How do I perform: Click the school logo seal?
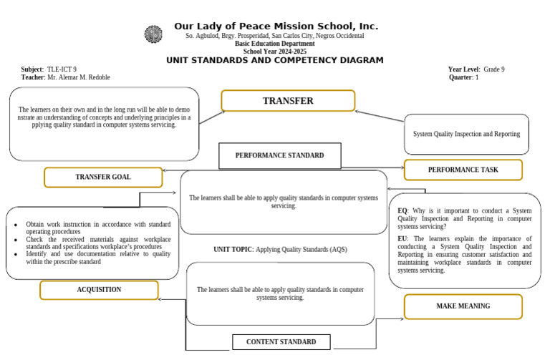pyautogui.click(x=153, y=34)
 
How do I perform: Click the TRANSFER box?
pyautogui.click(x=288, y=101)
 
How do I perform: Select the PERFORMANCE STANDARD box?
pyautogui.click(x=279, y=155)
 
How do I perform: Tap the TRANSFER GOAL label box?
pyautogui.click(x=103, y=177)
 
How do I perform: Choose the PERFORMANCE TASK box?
pyautogui.click(x=463, y=170)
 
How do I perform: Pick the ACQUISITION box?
pyautogui.click(x=99, y=290)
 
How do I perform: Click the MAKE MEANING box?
pyautogui.click(x=463, y=306)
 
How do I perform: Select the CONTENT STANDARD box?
pyautogui.click(x=281, y=342)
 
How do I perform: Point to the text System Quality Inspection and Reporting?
pyautogui.click(x=466, y=134)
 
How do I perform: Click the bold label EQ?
pyautogui.click(x=402, y=211)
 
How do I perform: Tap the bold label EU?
pyautogui.click(x=402, y=238)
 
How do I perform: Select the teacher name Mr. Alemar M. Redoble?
pyautogui.click(x=78, y=77)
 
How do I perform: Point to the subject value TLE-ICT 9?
pyautogui.click(x=62, y=69)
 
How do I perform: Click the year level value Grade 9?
pyautogui.click(x=493, y=69)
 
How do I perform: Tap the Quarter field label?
pyautogui.click(x=460, y=77)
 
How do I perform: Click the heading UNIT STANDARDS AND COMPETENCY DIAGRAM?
pyautogui.click(x=275, y=61)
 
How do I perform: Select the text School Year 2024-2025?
pyautogui.click(x=275, y=52)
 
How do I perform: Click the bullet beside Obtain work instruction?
pyautogui.click(x=16, y=225)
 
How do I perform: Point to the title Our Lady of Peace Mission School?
pyautogui.click(x=276, y=26)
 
